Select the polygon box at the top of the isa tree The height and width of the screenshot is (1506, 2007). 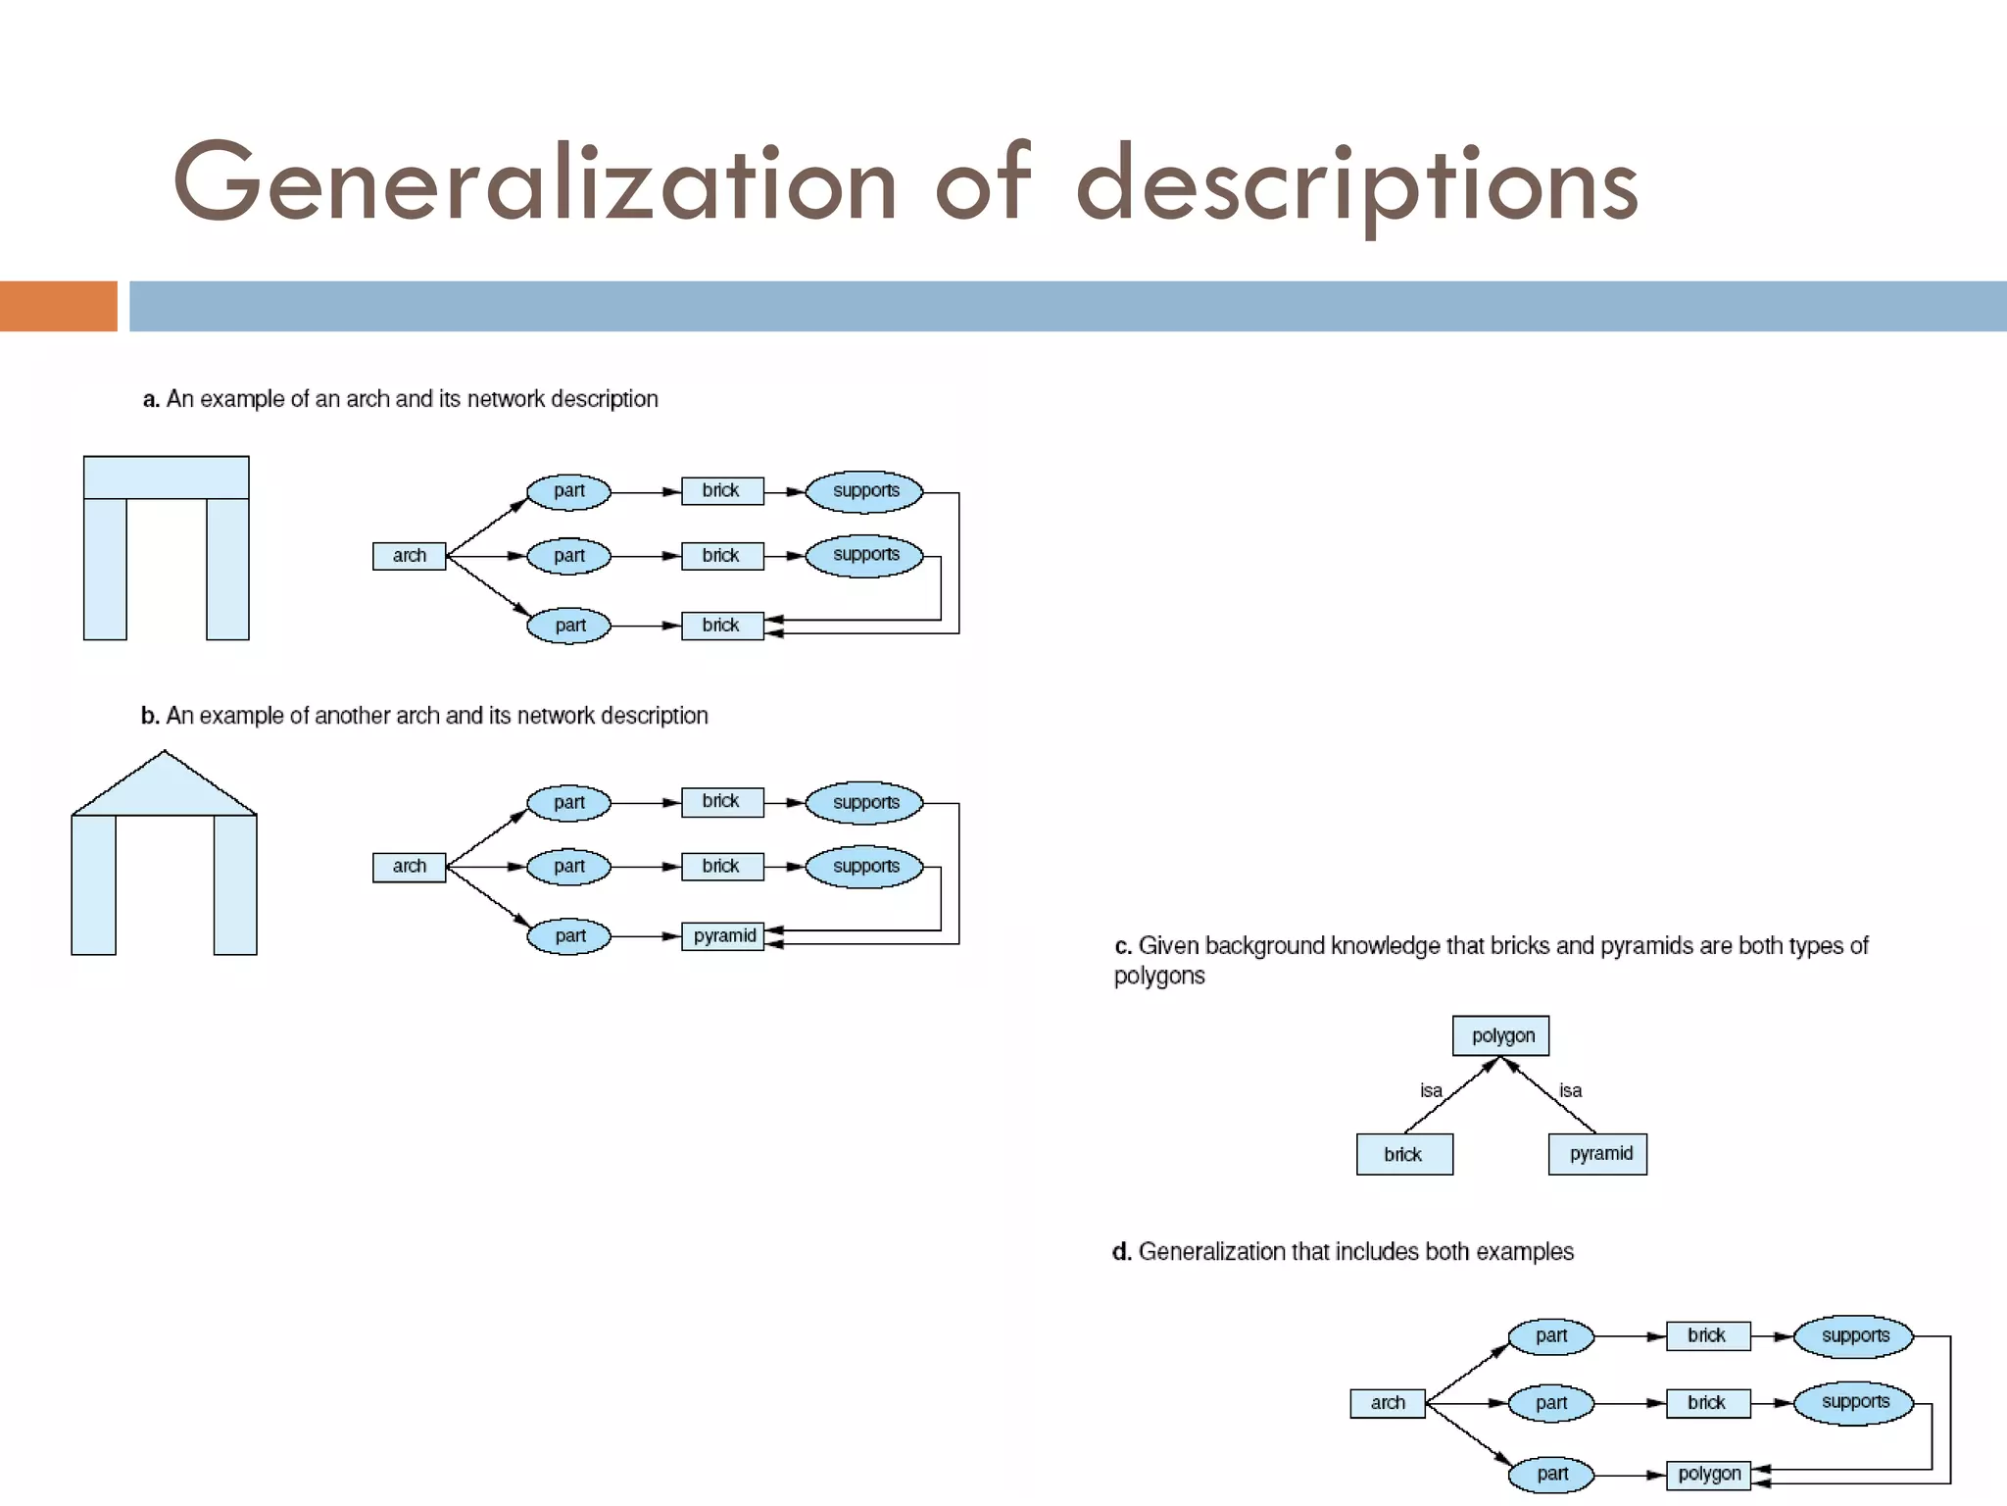(1500, 1035)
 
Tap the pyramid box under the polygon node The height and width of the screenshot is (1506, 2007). (1597, 1154)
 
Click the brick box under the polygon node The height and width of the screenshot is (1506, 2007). (1404, 1155)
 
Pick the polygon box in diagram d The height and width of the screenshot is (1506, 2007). (1708, 1474)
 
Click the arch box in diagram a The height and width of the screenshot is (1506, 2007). (410, 556)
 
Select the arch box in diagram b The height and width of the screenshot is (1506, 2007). (410, 867)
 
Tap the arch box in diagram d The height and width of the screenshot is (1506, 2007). (1388, 1403)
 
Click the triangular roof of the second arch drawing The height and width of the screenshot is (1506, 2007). (164, 789)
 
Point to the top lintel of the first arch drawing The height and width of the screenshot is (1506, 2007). (166, 477)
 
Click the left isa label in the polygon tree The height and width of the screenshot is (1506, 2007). (1431, 1090)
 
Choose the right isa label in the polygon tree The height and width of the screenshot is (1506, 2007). (1570, 1090)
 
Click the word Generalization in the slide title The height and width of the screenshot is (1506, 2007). (535, 183)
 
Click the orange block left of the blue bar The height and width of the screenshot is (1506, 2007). (58, 306)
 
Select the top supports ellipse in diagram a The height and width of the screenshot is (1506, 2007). (864, 491)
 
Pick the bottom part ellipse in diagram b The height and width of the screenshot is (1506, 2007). (569, 936)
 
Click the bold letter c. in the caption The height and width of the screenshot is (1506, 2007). (1123, 946)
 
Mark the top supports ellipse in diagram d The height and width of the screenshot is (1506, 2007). (1853, 1336)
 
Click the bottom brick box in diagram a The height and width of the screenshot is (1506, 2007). (722, 626)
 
